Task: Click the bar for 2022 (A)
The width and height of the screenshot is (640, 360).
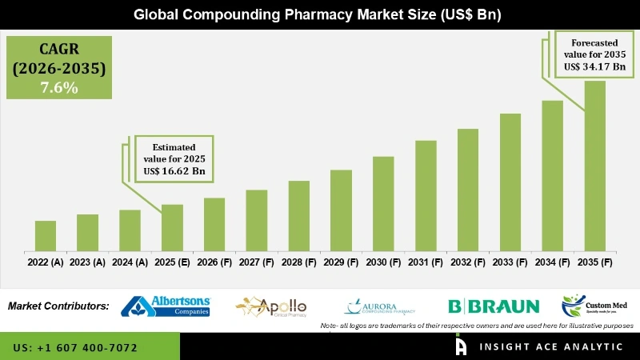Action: point(46,234)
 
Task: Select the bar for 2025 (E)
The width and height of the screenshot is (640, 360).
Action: point(172,226)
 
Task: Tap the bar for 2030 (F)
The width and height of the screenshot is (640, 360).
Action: point(383,202)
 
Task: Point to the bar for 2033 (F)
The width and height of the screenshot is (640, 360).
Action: point(510,181)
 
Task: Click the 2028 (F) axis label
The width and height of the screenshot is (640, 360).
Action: point(298,262)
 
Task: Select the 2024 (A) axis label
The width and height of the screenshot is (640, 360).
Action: point(130,262)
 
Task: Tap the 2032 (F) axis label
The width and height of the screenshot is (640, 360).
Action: point(468,262)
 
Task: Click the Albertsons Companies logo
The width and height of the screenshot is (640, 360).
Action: point(166,306)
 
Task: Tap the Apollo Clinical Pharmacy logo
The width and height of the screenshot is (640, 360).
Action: point(272,306)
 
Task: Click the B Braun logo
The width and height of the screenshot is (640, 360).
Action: point(494,306)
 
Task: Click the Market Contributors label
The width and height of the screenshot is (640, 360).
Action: point(58,306)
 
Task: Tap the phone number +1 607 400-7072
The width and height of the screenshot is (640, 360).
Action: point(75,348)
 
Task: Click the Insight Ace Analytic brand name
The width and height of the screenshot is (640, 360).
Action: point(552,346)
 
